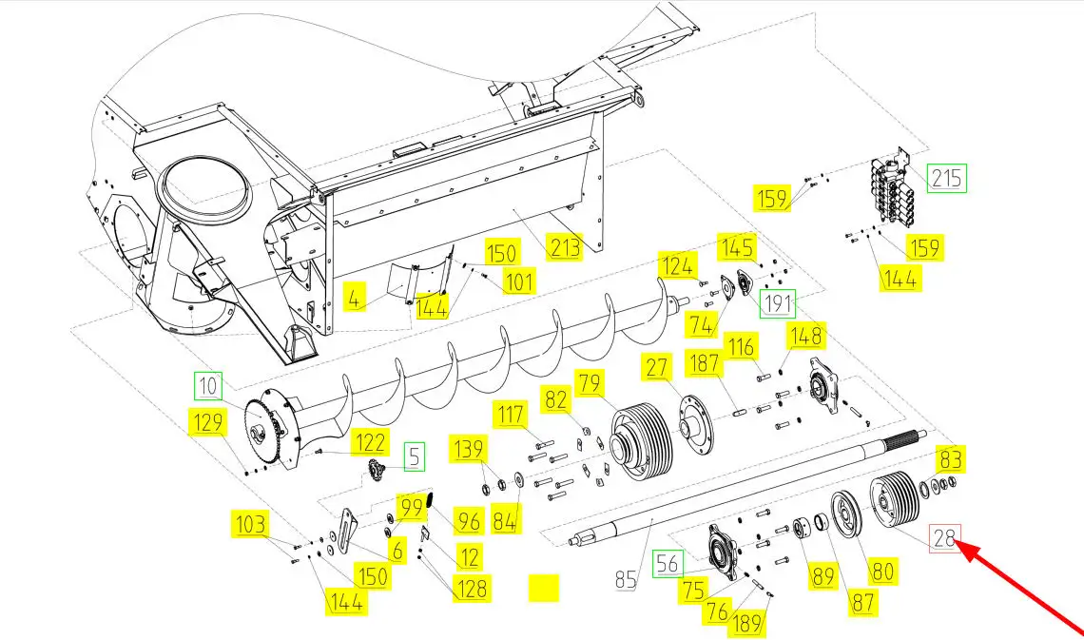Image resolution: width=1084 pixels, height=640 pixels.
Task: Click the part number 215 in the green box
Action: pos(946,179)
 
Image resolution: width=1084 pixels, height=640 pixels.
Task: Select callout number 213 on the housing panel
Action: pos(564,245)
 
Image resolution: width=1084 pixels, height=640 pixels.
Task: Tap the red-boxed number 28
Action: pos(944,537)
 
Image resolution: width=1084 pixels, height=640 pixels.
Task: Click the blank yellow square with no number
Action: pos(543,588)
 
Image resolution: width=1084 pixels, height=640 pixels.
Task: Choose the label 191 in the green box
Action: pos(778,303)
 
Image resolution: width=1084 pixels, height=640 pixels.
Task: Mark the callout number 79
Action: pos(590,382)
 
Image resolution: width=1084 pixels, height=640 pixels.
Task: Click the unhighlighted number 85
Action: pos(626,579)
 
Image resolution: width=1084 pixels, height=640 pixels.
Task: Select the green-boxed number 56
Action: pos(668,564)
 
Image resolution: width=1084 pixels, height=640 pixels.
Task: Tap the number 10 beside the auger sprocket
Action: pos(207,386)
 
